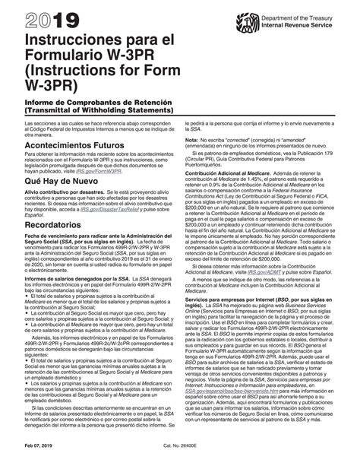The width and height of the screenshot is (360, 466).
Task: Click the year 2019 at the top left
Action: [x=45, y=17]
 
